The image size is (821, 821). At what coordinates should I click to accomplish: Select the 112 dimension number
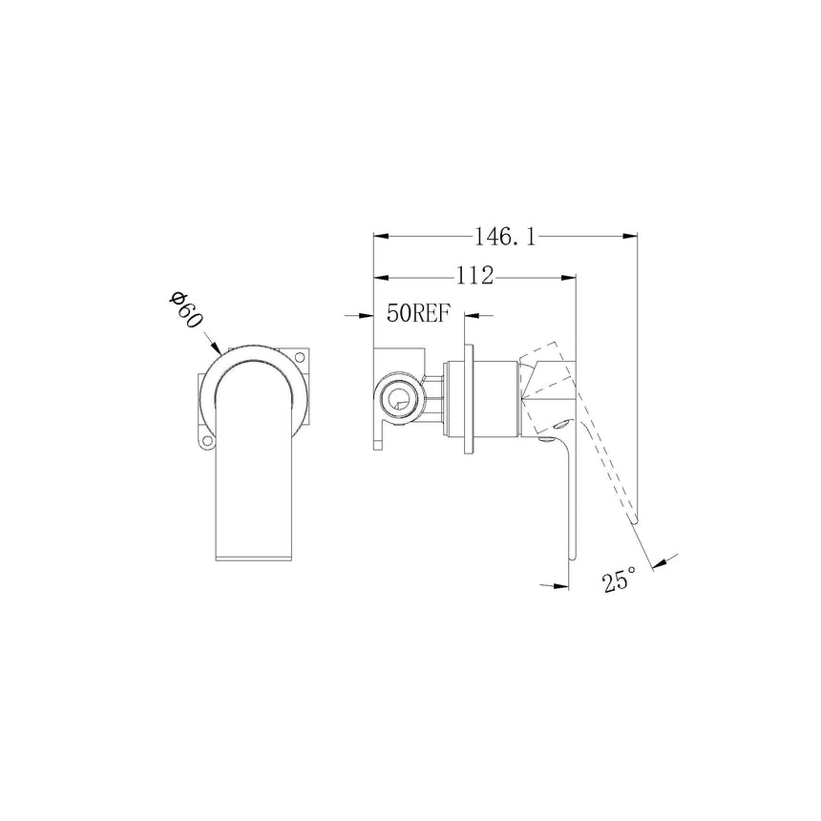[x=474, y=277]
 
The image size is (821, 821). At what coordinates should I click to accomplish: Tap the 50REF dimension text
[x=418, y=315]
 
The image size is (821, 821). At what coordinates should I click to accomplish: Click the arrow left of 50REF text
[x=366, y=315]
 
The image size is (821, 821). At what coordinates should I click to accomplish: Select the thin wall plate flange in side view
[x=467, y=396]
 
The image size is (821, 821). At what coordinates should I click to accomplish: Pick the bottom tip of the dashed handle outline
[x=632, y=520]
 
